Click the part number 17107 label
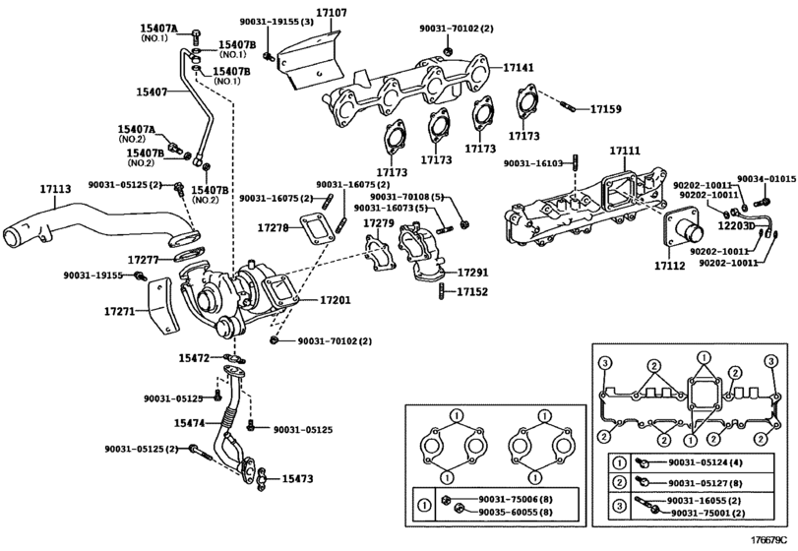click(332, 12)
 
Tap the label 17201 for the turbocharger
click(336, 300)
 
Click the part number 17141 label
click(520, 68)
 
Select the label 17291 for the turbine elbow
click(472, 273)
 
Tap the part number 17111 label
click(625, 152)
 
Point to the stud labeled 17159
click(568, 107)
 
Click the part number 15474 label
click(189, 423)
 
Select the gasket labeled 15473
click(263, 479)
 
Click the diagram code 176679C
click(772, 538)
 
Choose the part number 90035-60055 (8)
click(516, 513)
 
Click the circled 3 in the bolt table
click(620, 507)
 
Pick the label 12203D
click(736, 225)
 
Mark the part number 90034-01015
click(767, 179)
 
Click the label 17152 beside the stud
click(472, 292)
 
